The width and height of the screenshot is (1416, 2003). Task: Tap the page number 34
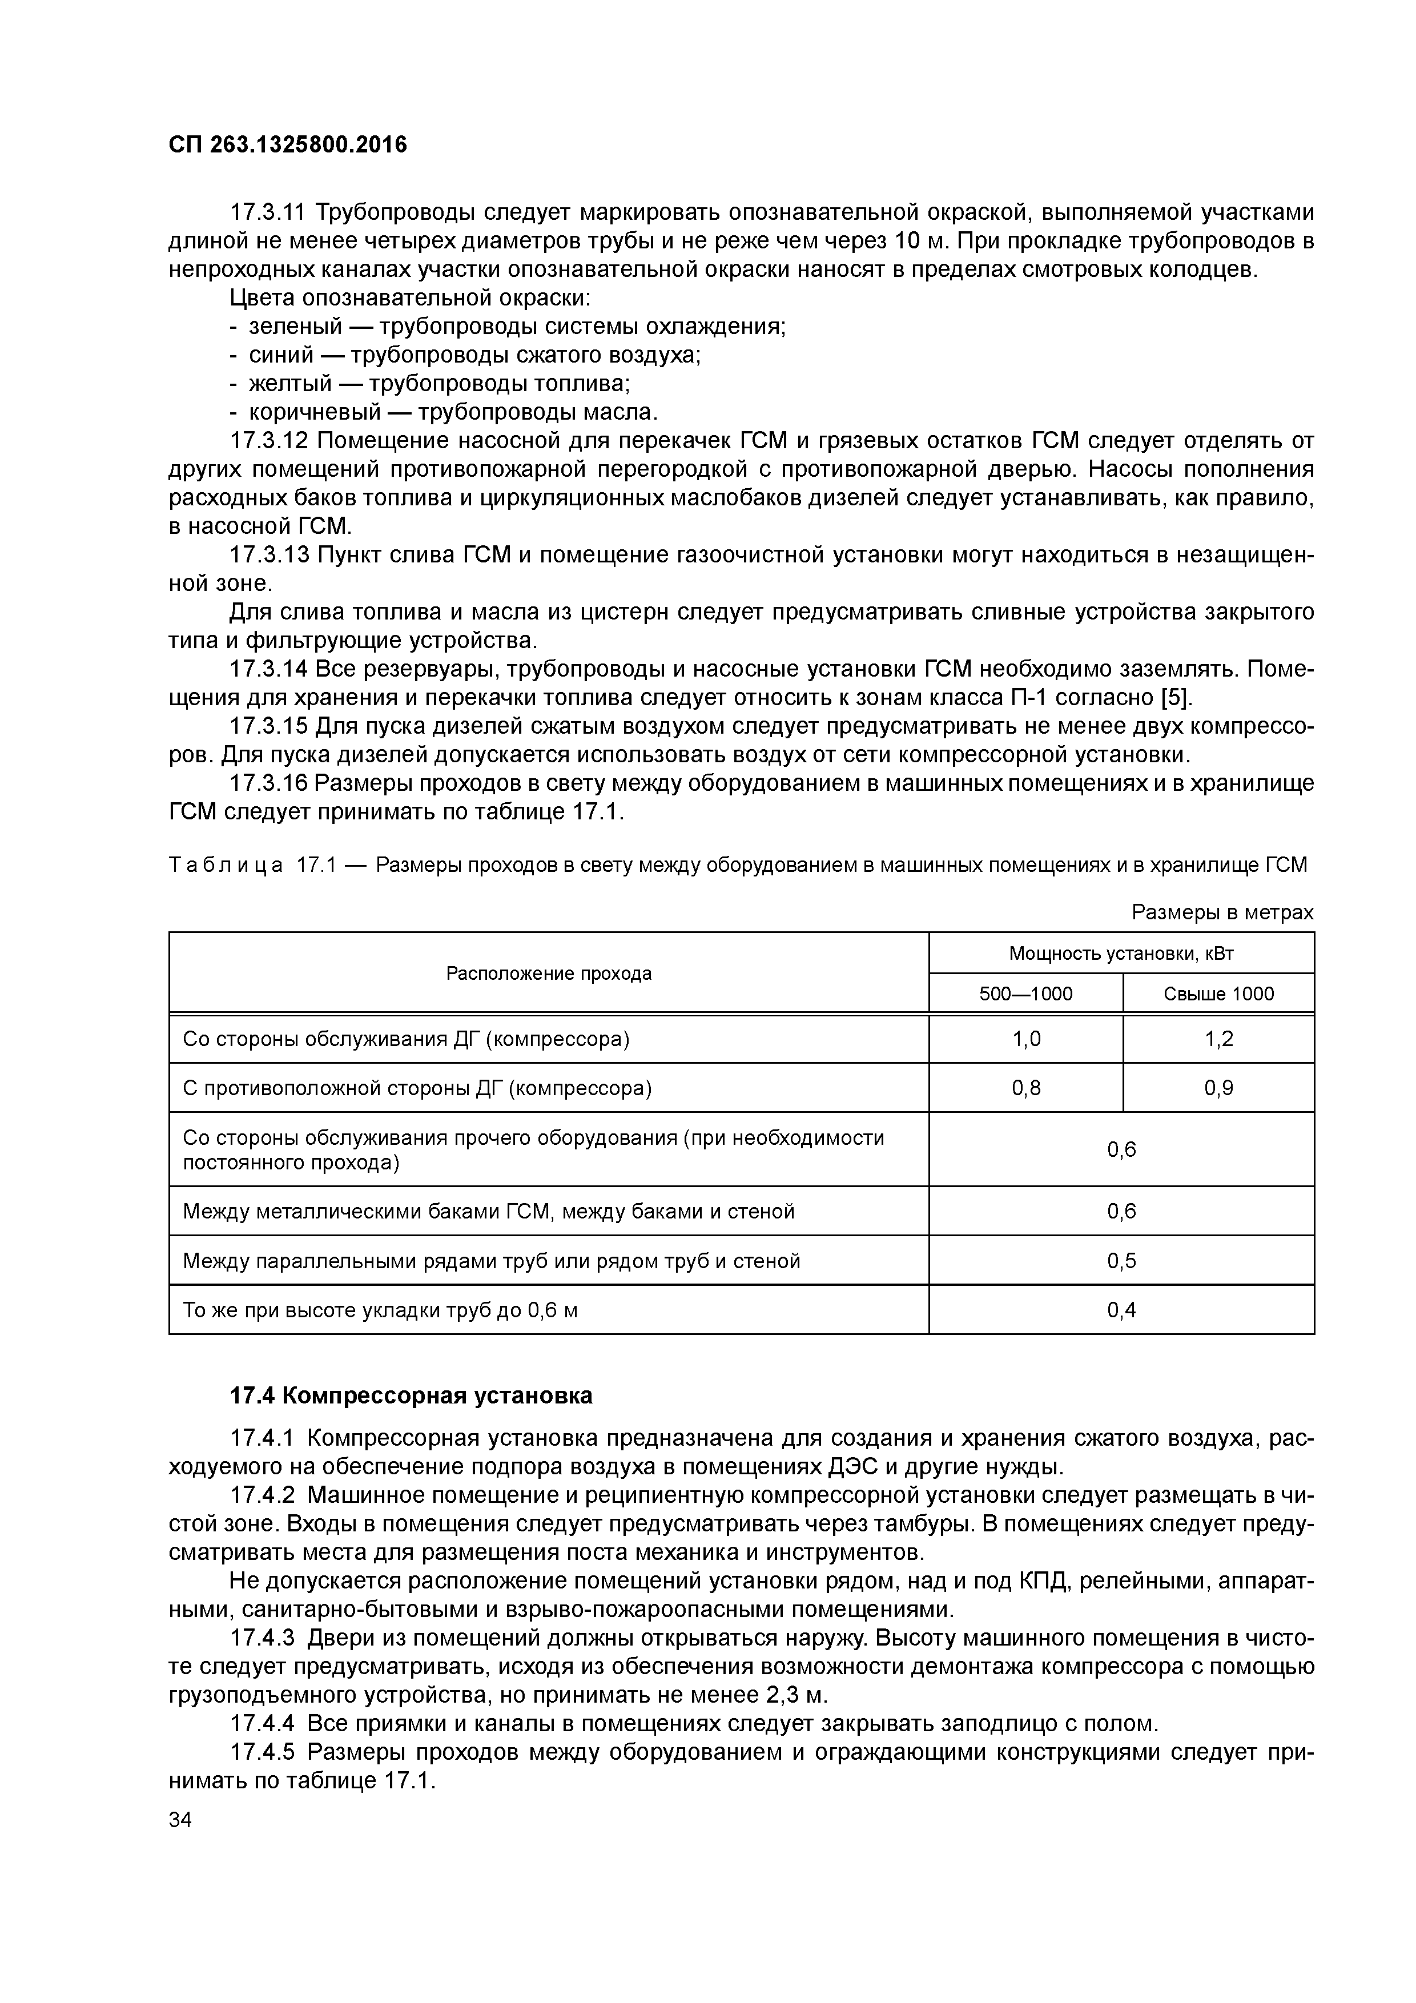click(180, 1820)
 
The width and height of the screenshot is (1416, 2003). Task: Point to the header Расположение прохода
click(549, 974)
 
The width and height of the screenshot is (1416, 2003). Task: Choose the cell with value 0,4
click(1121, 1309)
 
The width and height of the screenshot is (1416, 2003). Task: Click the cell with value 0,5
click(1121, 1261)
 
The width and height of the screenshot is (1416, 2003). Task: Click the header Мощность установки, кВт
click(1121, 954)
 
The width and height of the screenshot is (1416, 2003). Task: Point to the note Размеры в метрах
click(1221, 912)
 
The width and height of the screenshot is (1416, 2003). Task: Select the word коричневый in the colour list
click(315, 412)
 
